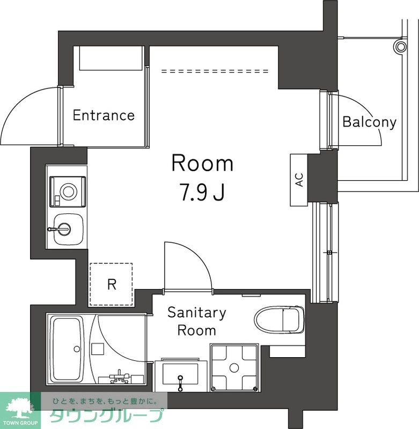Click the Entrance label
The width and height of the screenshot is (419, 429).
tap(104, 115)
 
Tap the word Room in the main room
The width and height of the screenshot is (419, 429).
tap(202, 164)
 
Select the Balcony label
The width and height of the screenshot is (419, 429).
tap(369, 122)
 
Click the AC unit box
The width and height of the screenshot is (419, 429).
tap(299, 180)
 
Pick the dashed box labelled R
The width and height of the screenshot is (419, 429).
tap(111, 284)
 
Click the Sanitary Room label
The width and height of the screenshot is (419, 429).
tap(196, 321)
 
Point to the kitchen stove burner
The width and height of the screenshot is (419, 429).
tap(68, 190)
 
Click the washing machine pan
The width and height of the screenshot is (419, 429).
tap(234, 367)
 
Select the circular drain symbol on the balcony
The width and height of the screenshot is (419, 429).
tap(400, 46)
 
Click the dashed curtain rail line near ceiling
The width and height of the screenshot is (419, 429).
tap(215, 71)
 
